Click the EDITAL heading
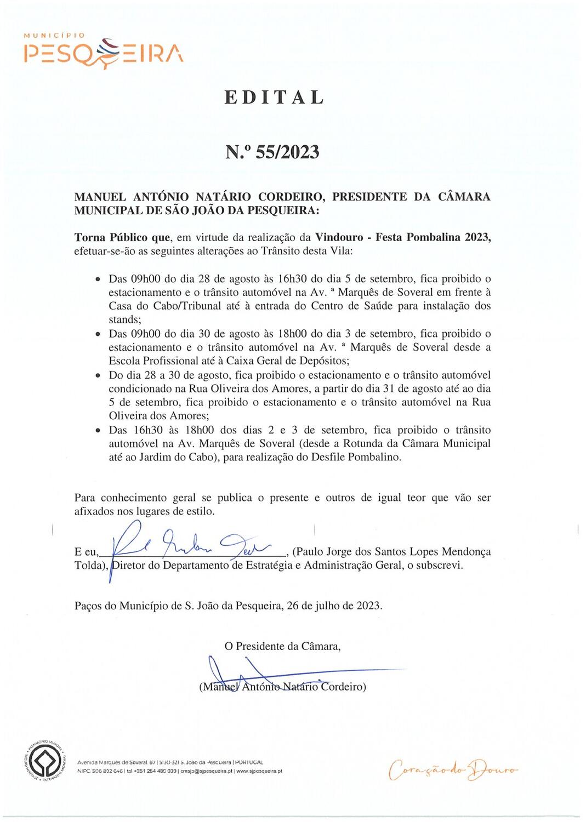point(275,97)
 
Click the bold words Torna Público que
point(123,238)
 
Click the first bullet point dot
point(98,279)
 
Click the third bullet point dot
point(98,375)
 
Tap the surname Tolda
point(90,566)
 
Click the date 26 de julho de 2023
point(334,606)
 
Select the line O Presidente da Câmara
point(282,646)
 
